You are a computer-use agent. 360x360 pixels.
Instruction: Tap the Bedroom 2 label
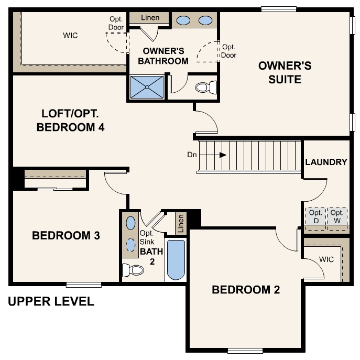246,290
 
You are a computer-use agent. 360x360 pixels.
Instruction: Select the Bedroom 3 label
66,235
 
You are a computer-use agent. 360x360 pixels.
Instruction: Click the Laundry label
326,162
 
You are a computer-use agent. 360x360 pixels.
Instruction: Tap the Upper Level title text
51,302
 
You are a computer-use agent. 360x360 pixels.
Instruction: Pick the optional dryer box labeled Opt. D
315,216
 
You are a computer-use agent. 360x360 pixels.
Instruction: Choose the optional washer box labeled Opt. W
337,216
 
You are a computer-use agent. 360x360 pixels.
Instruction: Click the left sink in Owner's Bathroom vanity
183,20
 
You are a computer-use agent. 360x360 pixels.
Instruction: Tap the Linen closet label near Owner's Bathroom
150,18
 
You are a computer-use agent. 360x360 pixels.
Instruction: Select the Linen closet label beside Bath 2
181,223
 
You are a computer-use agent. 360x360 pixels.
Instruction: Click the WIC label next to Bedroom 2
326,259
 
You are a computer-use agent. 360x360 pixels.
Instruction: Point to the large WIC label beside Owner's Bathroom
70,35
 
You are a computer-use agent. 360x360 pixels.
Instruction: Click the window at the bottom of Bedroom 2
245,351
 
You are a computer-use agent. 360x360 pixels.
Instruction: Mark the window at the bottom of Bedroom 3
84,285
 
